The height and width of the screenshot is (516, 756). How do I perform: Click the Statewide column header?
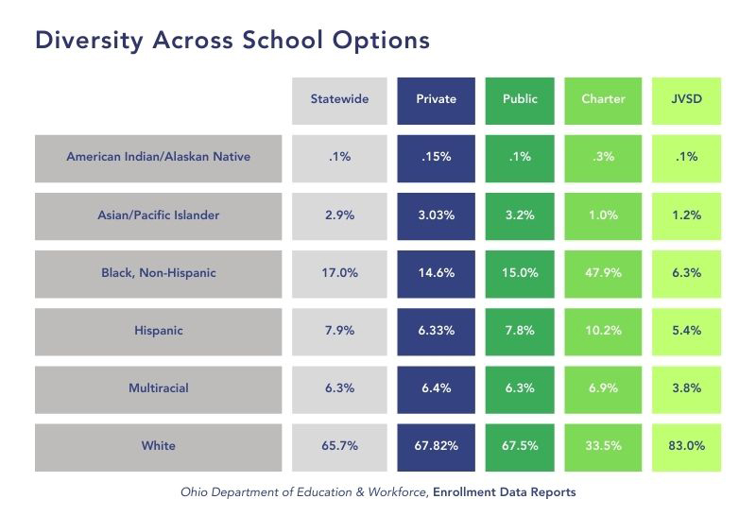[x=339, y=99]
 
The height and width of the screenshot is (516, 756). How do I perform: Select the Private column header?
[x=436, y=99]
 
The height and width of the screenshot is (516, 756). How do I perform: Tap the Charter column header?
[x=603, y=99]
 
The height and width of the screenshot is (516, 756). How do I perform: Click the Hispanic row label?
[x=159, y=331]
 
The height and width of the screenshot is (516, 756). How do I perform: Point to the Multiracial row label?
[x=159, y=388]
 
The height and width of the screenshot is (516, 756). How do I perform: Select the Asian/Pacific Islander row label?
[x=159, y=215]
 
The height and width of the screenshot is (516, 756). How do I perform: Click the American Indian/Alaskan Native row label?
[x=159, y=157]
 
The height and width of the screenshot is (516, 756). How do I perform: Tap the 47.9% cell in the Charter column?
[x=603, y=273]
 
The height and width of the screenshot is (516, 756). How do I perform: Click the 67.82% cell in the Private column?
[x=436, y=446]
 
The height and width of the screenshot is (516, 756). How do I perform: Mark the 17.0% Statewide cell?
[x=339, y=273]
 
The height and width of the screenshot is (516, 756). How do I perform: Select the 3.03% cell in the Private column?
[x=436, y=215]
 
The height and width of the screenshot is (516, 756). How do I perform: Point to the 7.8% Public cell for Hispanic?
[x=520, y=331]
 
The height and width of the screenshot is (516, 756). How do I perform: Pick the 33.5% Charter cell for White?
[x=603, y=446]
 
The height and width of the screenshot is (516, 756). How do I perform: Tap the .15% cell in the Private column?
[x=436, y=157]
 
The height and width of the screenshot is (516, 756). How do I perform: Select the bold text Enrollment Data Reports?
[x=504, y=491]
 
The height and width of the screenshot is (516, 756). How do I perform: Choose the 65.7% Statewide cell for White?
[x=339, y=446]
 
